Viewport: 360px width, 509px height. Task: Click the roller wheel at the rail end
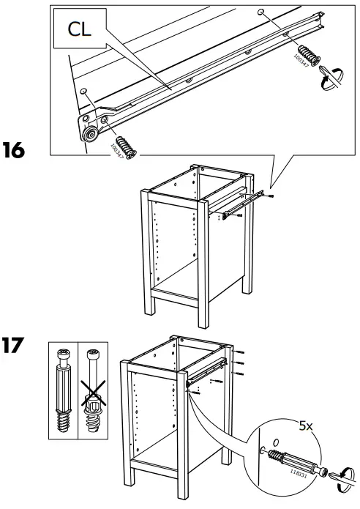coord(91,133)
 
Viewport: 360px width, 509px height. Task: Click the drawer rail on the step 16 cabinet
coord(241,206)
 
